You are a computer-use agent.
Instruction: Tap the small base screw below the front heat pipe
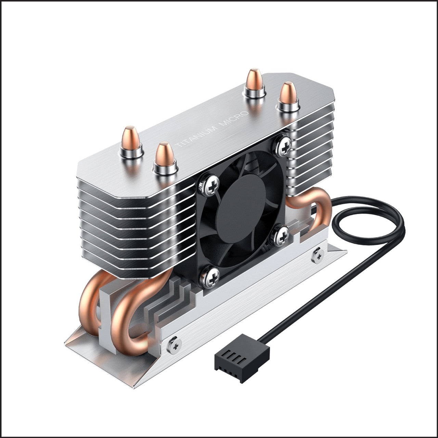pyautogui.click(x=175, y=346)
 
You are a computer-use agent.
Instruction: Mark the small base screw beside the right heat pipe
pyautogui.click(x=318, y=255)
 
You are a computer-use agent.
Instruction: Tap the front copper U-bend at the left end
pyautogui.click(x=127, y=322)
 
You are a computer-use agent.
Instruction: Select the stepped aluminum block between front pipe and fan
pyautogui.click(x=168, y=301)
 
